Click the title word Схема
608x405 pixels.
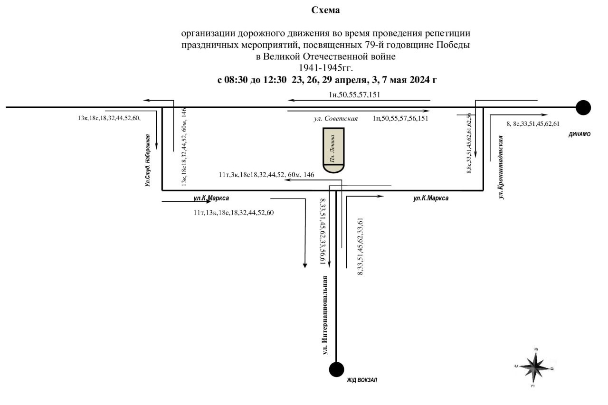pyautogui.click(x=325, y=10)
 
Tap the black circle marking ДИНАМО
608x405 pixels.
pyautogui.click(x=583, y=107)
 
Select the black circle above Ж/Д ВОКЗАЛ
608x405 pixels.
pyautogui.click(x=336, y=369)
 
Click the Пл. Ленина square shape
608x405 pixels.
pyautogui.click(x=333, y=150)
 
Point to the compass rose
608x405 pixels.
pyautogui.click(x=534, y=367)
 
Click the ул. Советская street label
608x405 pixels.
pyautogui.click(x=336, y=119)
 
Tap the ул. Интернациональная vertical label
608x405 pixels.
pyautogui.click(x=324, y=315)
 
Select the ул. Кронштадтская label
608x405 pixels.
pyautogui.click(x=501, y=168)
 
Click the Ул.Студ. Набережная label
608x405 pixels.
pyautogui.click(x=147, y=160)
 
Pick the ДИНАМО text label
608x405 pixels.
pyautogui.click(x=579, y=134)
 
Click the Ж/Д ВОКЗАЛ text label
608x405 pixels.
pyautogui.click(x=362, y=380)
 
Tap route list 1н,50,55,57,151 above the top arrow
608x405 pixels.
pyautogui.click(x=354, y=94)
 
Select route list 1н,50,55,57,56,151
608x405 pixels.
pyautogui.click(x=400, y=118)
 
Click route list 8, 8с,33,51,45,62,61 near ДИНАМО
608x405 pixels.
pyautogui.click(x=533, y=124)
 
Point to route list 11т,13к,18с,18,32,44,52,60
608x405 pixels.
pyautogui.click(x=233, y=213)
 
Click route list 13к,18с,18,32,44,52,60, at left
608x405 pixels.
pyautogui.click(x=109, y=118)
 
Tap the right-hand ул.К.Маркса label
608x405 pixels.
pyautogui.click(x=431, y=198)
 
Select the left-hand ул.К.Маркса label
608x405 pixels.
pyautogui.click(x=211, y=198)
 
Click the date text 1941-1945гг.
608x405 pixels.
pyautogui.click(x=326, y=68)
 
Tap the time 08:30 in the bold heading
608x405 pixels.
pyautogui.click(x=236, y=80)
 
